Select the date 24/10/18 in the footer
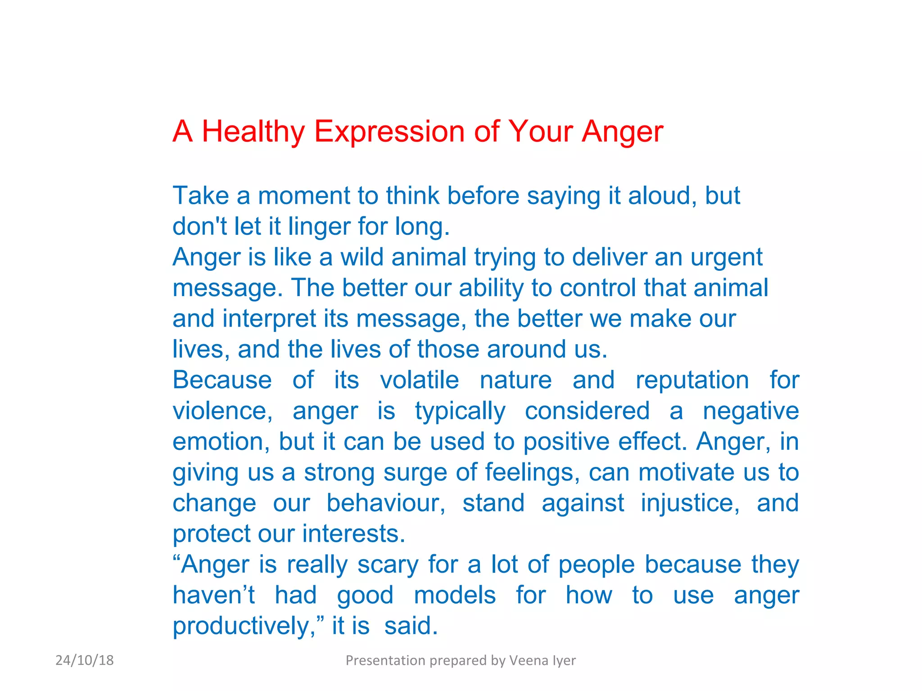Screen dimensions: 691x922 85,660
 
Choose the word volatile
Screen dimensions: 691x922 419,380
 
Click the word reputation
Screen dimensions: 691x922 692,380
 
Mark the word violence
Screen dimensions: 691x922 222,411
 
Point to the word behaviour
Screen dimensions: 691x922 386,503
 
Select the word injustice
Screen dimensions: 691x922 690,503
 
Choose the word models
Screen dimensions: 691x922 455,595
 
